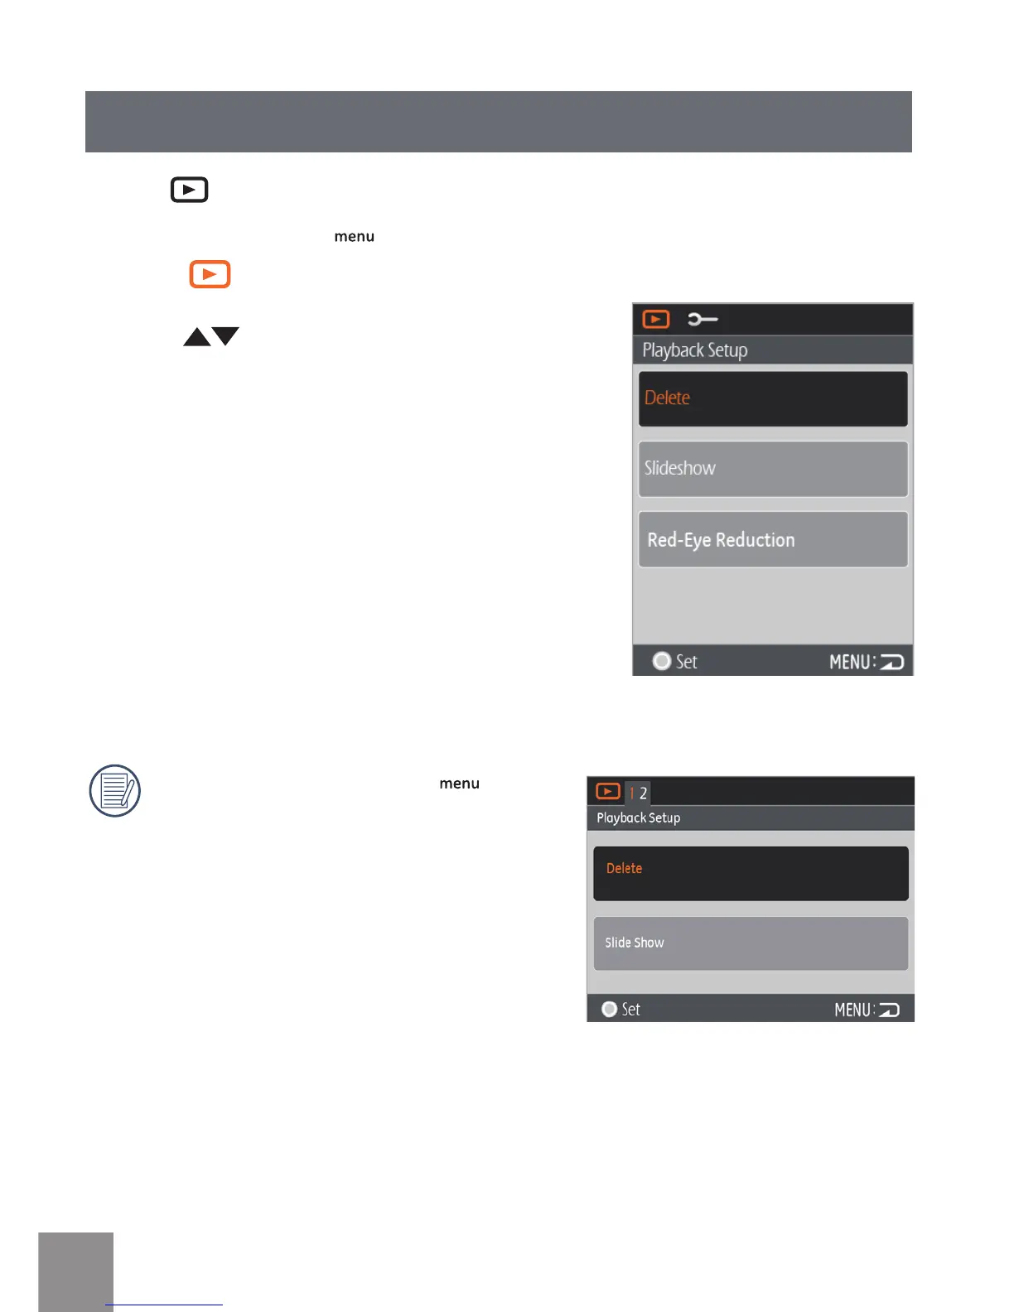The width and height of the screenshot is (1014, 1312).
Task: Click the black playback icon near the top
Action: point(189,190)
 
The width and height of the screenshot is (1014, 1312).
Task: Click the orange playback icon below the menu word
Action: point(210,274)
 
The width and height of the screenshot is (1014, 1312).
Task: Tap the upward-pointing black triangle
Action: point(197,337)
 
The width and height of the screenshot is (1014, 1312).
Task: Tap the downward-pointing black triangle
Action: point(225,335)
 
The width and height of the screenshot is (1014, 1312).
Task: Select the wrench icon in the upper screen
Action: point(703,320)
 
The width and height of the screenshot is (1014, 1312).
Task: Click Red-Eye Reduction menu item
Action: point(772,540)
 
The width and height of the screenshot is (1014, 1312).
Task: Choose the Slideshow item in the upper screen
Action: point(772,469)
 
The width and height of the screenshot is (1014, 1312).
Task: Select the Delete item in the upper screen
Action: point(772,398)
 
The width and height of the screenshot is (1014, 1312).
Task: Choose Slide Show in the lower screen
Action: point(751,943)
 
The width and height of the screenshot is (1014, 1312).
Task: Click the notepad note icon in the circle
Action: point(115,791)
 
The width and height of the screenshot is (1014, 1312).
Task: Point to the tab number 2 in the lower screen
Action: point(643,793)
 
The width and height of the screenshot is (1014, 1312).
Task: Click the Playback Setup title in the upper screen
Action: point(695,350)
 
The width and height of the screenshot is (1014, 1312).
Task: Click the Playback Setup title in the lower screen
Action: point(639,818)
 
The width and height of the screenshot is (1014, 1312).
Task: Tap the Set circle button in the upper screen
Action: point(662,662)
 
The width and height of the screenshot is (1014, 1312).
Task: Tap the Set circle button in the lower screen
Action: point(610,1010)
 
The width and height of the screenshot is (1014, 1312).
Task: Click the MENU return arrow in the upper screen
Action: point(891,663)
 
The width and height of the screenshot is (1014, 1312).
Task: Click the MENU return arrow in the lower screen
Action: point(889,1011)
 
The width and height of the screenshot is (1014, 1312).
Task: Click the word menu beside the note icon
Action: point(460,784)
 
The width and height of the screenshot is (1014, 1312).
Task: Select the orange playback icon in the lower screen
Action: point(608,792)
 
